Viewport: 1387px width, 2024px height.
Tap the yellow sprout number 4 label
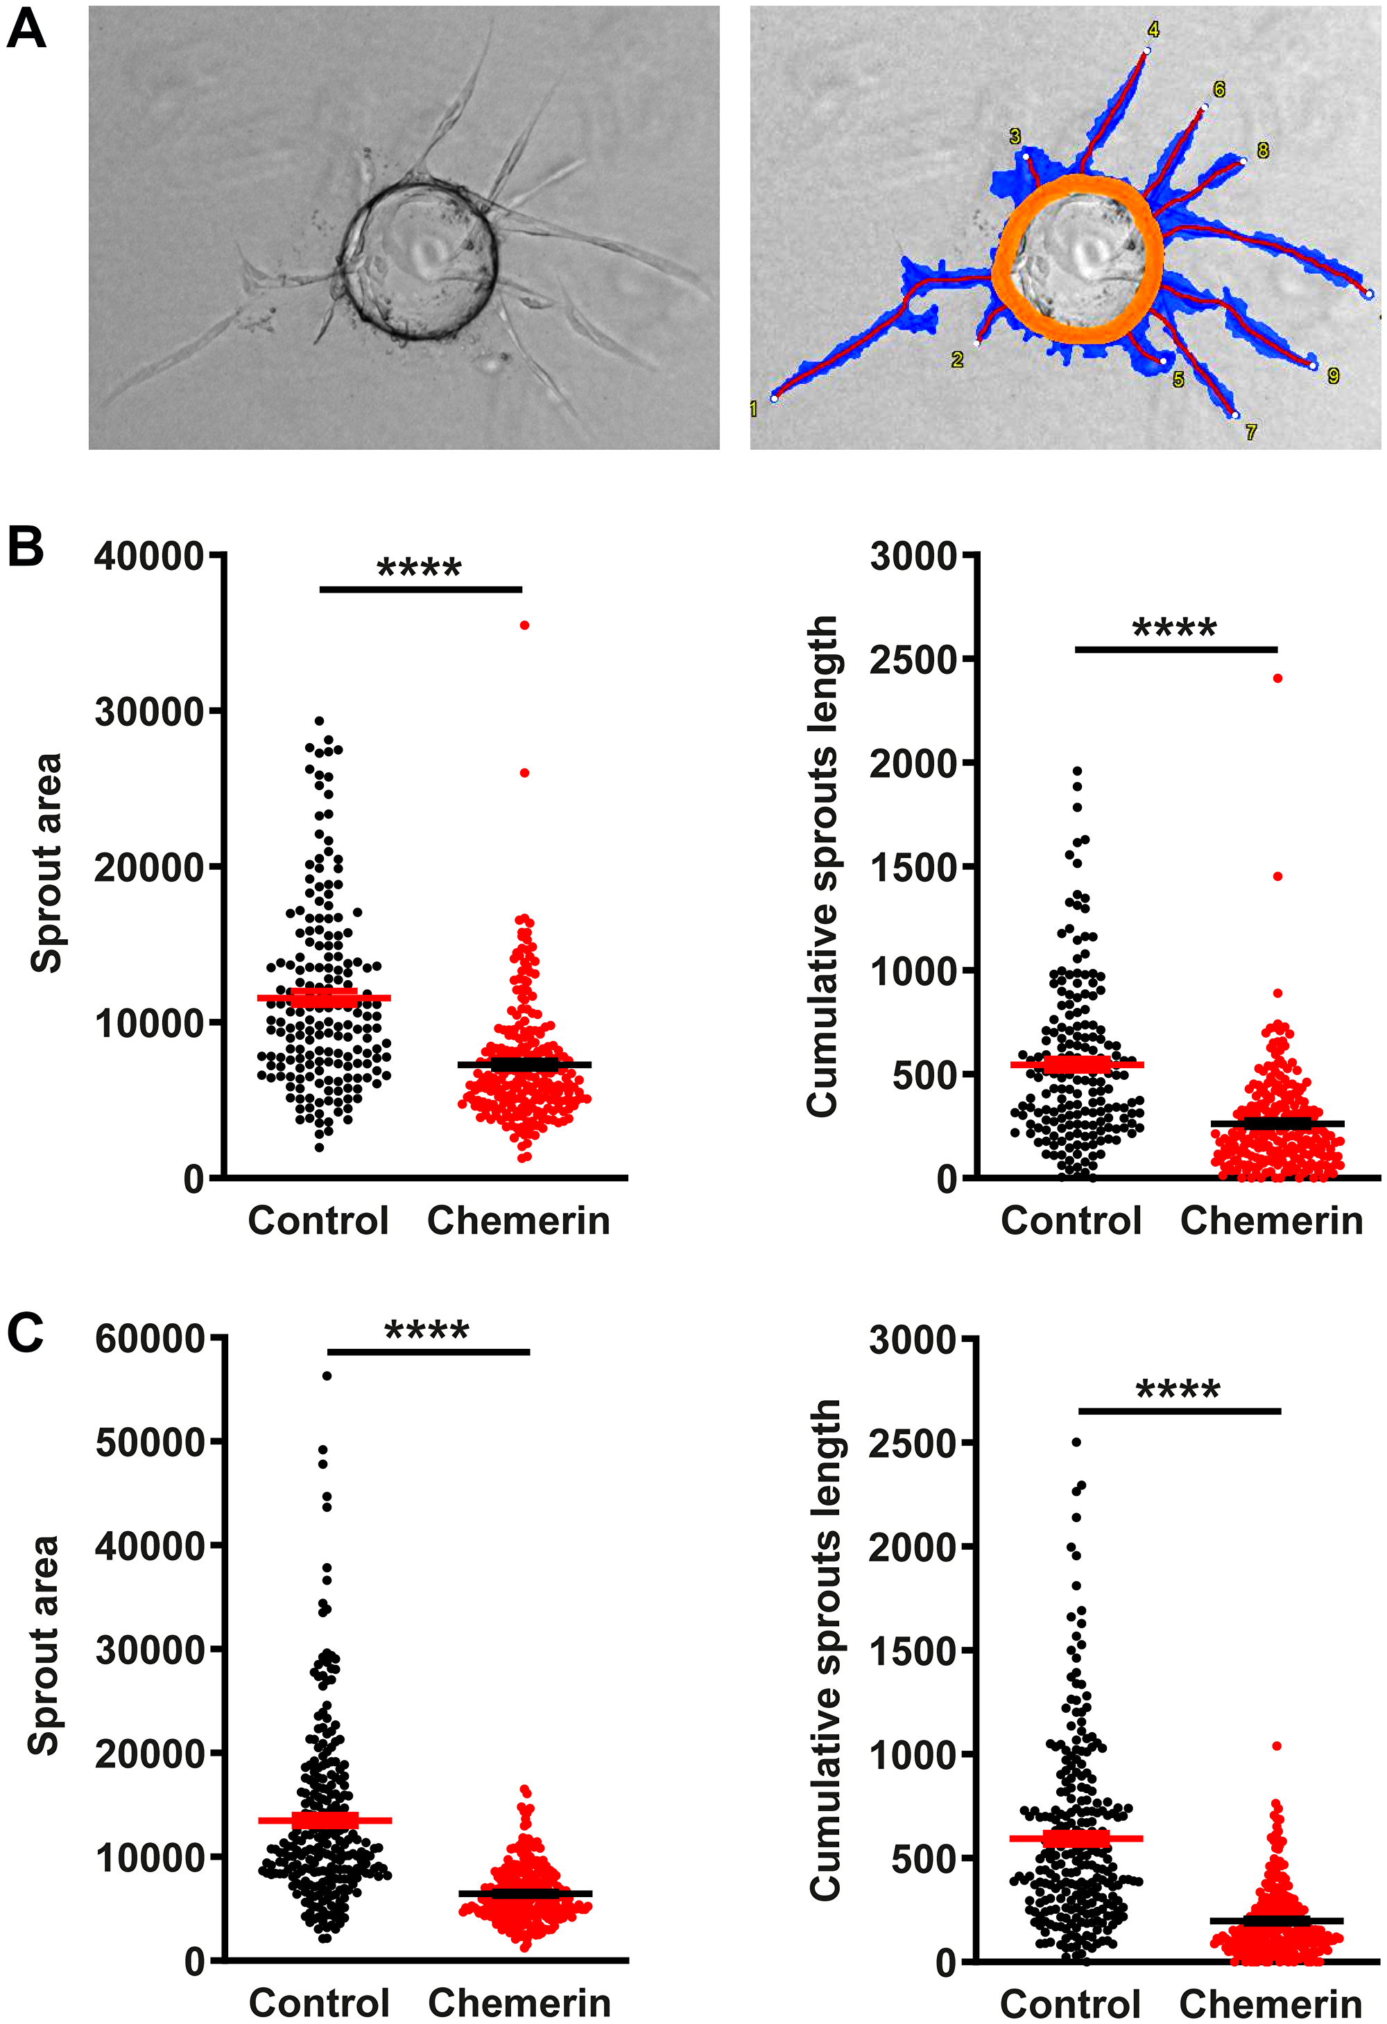[x=1153, y=30]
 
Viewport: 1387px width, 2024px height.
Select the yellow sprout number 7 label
[x=1250, y=432]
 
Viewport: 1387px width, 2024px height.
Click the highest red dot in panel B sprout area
[x=524, y=625]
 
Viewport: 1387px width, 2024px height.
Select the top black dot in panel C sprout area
[x=327, y=1376]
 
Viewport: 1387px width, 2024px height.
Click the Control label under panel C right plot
[x=1070, y=2004]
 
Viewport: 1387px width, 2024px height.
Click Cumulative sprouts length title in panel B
[x=822, y=866]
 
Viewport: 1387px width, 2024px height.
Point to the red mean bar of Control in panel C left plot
[x=325, y=1820]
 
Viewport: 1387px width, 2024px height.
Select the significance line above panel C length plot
[x=1180, y=1411]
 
